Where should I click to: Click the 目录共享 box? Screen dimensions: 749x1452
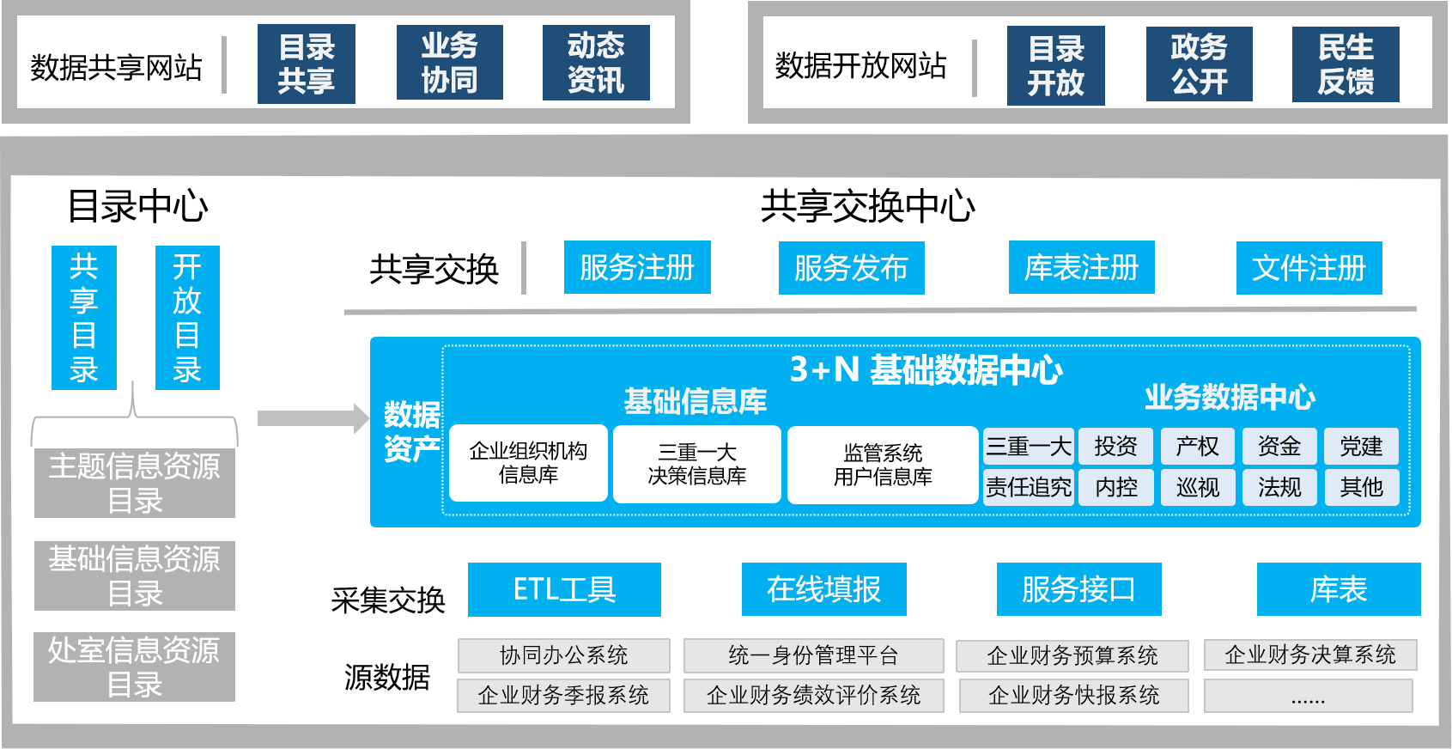point(306,64)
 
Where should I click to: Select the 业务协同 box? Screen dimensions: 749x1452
point(449,63)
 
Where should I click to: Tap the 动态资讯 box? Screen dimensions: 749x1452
point(596,63)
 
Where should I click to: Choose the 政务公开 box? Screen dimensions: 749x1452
point(1199,64)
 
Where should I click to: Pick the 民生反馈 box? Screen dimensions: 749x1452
point(1346,64)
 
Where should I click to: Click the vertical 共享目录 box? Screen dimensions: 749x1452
point(84,318)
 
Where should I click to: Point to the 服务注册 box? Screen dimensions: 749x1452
point(637,268)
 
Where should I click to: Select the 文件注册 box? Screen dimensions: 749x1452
point(1309,268)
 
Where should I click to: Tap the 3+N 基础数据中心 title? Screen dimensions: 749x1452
point(926,369)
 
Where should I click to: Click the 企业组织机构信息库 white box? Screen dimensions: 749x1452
point(528,463)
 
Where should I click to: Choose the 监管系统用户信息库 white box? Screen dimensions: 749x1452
point(883,465)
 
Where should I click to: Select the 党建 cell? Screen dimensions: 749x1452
point(1361,446)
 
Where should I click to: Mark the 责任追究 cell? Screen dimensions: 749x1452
point(1028,487)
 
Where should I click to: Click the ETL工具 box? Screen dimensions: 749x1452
point(564,589)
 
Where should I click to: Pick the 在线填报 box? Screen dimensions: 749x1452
point(823,589)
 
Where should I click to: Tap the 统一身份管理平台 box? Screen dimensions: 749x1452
point(813,655)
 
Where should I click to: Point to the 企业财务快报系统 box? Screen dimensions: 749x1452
point(1073,695)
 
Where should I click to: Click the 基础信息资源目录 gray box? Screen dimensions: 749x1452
point(135,575)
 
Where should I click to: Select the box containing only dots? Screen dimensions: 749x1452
point(1308,696)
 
